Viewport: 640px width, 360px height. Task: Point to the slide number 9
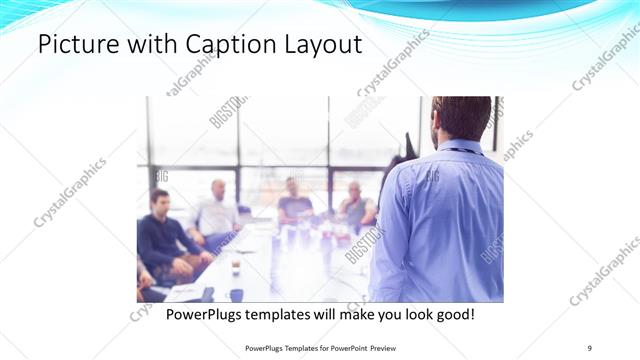pyautogui.click(x=590, y=348)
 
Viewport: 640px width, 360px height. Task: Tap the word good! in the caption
pyautogui.click(x=452, y=315)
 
